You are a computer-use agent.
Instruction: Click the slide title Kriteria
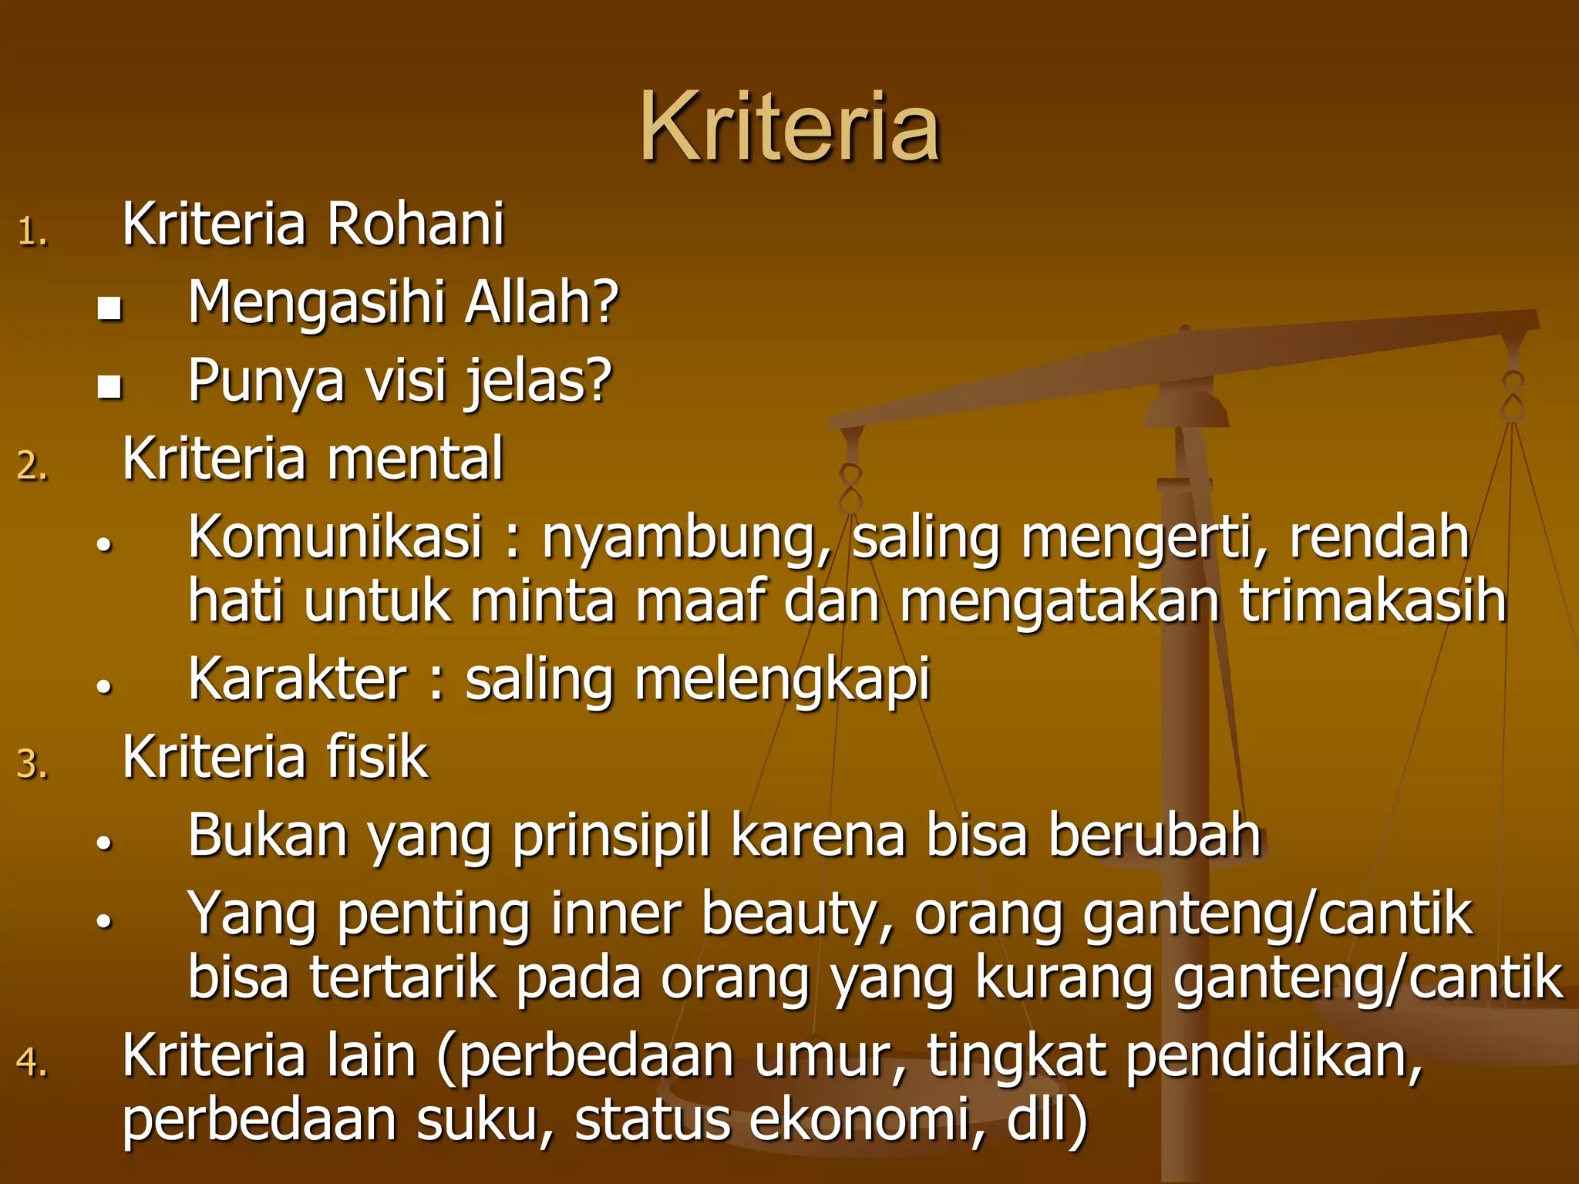(789, 128)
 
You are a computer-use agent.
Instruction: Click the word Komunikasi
(335, 536)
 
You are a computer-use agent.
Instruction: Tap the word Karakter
(298, 679)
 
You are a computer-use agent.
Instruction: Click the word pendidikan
(1272, 1056)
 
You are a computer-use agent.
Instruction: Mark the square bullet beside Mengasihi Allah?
(109, 308)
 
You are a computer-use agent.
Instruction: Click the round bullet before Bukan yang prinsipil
(105, 843)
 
